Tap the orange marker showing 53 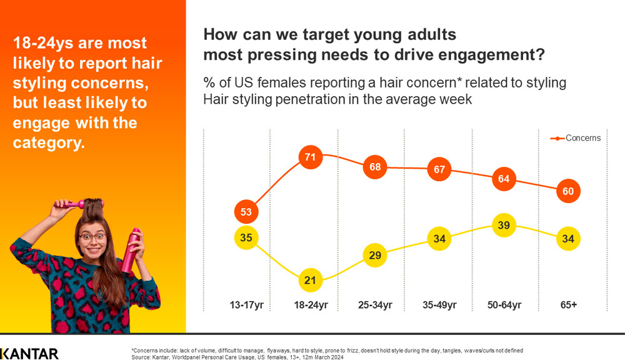click(246, 212)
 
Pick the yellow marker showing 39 click(504, 225)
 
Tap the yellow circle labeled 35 click(246, 237)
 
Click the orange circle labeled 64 click(504, 179)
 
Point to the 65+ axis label click(568, 306)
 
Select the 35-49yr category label click(440, 306)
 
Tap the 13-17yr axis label click(246, 306)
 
